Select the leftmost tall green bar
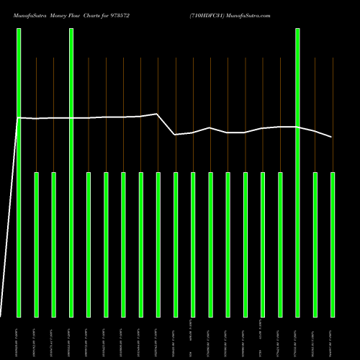click(19, 173)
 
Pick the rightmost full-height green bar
click(298, 173)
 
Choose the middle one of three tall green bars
click(71, 173)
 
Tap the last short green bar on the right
click(333, 245)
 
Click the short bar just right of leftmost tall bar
click(37, 245)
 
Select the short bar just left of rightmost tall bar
click(280, 245)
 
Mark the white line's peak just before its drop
click(158, 114)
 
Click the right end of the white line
click(332, 137)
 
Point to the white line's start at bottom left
click(1, 315)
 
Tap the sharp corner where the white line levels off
click(18, 117)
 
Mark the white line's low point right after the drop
click(175, 135)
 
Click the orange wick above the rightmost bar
click(333, 115)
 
